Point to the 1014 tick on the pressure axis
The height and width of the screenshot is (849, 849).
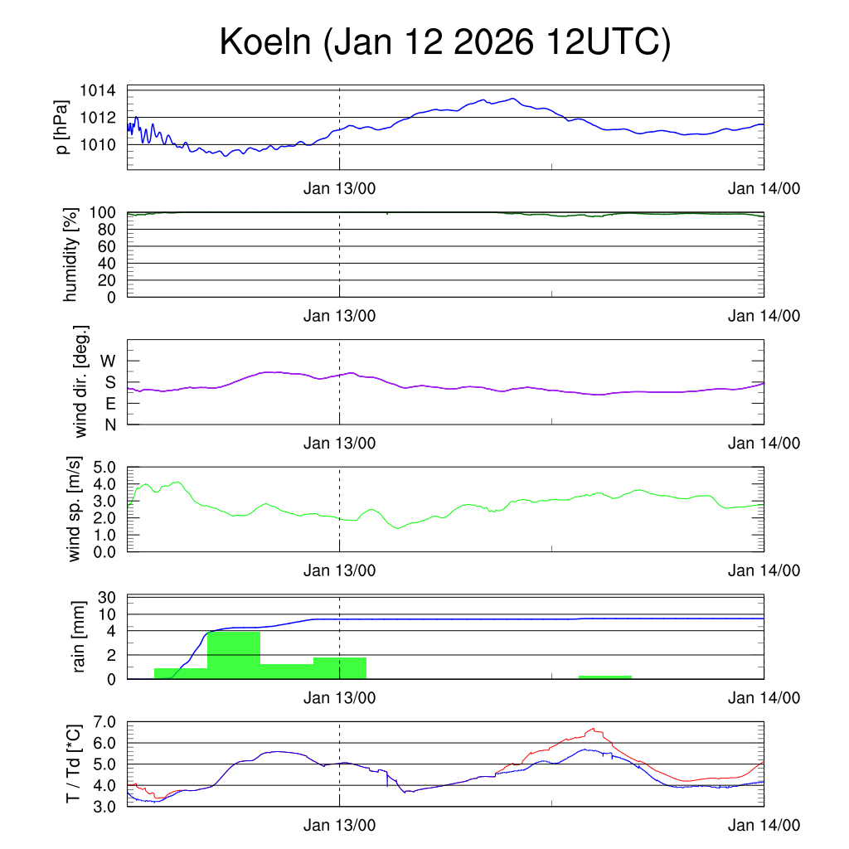pos(98,90)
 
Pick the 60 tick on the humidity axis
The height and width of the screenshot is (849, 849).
pos(105,246)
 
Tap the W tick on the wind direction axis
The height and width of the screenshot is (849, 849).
pos(109,361)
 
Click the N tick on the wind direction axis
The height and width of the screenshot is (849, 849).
pos(109,424)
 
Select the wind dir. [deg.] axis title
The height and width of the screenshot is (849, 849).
pos(80,381)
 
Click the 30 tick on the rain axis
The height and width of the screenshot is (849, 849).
pos(106,597)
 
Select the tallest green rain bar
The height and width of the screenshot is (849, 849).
pos(234,655)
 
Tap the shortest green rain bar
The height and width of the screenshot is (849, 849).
pos(605,677)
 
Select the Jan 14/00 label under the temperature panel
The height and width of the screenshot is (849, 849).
pos(764,825)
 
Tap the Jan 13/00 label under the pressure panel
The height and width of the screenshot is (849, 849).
pos(339,188)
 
